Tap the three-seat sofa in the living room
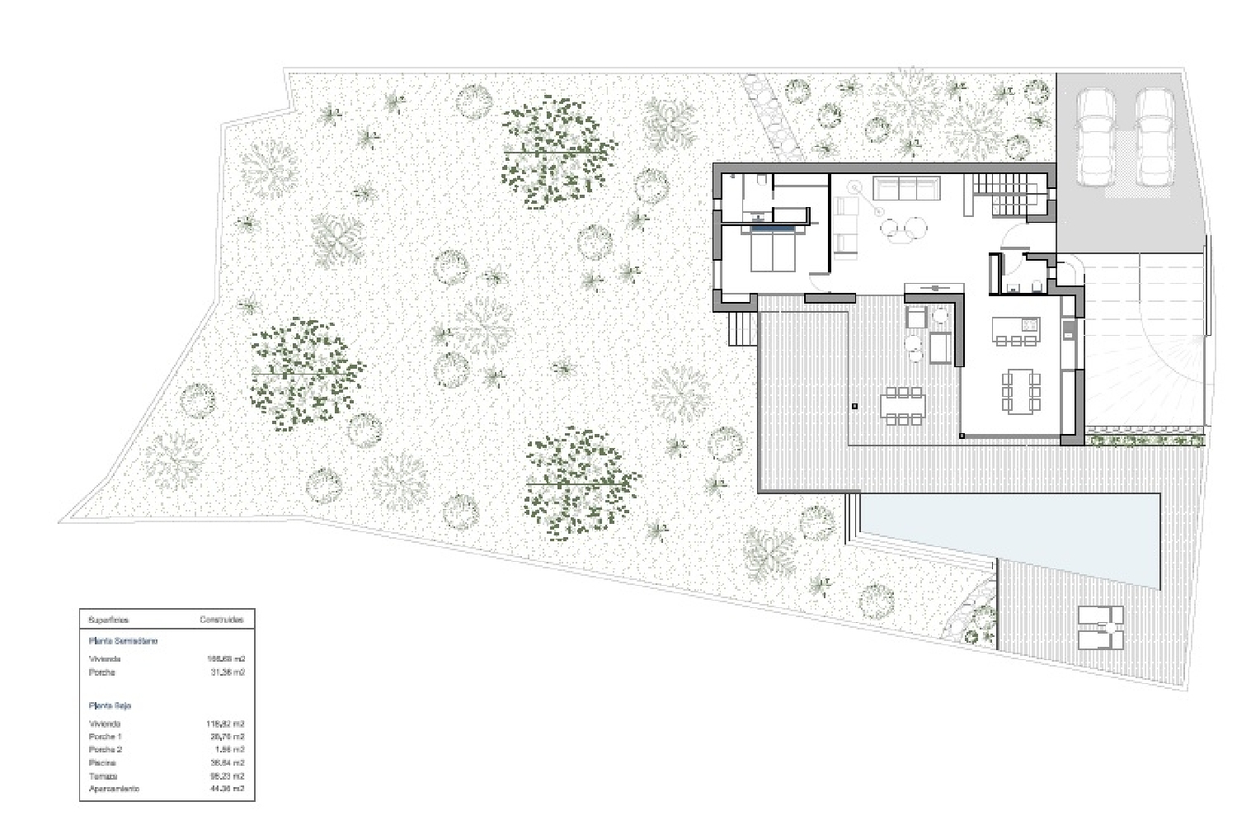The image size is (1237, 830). click(x=905, y=189)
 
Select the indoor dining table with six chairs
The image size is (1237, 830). click(x=1020, y=390)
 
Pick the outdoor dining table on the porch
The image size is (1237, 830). click(x=903, y=405)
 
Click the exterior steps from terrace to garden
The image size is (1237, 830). click(x=742, y=329)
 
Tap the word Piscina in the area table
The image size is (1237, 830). click(x=102, y=763)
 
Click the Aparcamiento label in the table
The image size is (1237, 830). click(x=114, y=790)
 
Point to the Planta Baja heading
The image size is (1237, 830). click(x=110, y=706)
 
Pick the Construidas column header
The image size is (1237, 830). click(x=221, y=620)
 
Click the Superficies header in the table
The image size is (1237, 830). click(x=108, y=620)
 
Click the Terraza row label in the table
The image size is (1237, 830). click(x=102, y=776)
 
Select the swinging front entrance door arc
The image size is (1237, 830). click(x=1012, y=240)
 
